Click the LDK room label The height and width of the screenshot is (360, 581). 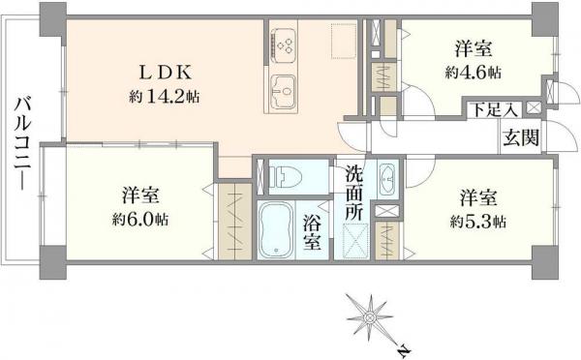171,73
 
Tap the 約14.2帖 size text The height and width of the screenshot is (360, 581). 166,97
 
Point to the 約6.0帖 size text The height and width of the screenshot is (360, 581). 139,220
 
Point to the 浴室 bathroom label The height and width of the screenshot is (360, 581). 312,233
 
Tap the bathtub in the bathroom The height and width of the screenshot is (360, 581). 279,232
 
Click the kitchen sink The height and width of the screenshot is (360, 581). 287,93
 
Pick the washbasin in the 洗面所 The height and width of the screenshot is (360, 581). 386,180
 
